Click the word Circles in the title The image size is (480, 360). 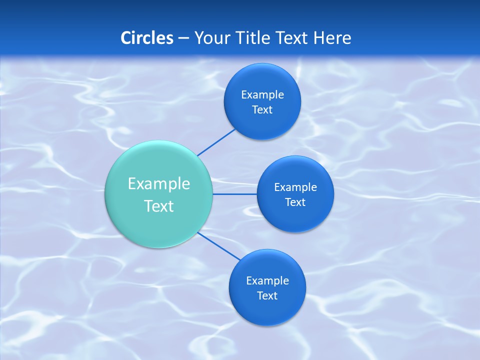point(147,38)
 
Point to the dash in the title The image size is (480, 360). point(183,38)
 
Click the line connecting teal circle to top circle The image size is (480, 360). point(216,142)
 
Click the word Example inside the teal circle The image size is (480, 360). point(159,184)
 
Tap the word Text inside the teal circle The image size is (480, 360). point(159,206)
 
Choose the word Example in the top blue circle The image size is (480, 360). point(262,95)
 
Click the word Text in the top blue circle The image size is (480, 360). point(262,110)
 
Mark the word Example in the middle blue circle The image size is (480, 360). point(295,187)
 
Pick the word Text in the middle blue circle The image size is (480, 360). point(295,202)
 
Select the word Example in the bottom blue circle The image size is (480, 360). point(267,281)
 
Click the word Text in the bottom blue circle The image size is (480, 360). point(267,296)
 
